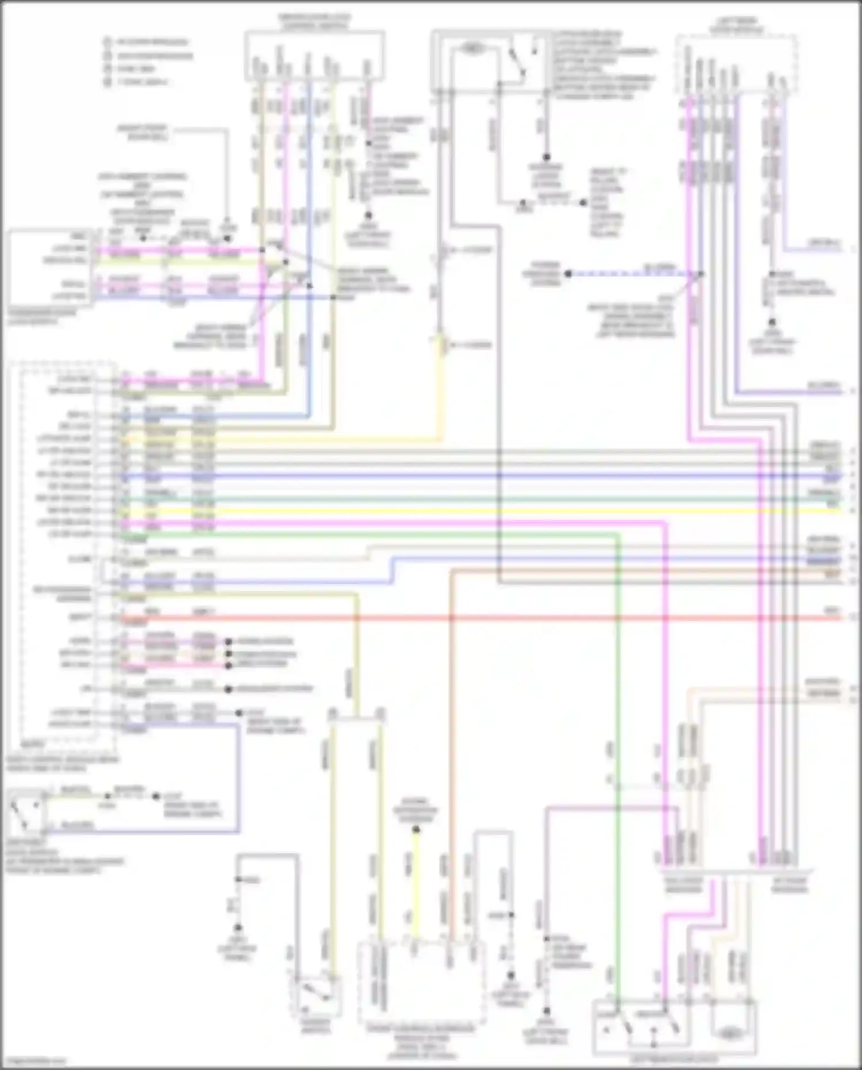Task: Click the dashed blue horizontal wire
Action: click(632, 274)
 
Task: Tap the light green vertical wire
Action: click(618, 747)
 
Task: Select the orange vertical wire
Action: click(452, 747)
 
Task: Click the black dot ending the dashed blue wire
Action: click(568, 274)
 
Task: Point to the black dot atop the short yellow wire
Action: click(415, 830)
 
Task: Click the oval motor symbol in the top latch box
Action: click(472, 49)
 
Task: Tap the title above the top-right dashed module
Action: click(736, 25)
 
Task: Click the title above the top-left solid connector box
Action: click(314, 21)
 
